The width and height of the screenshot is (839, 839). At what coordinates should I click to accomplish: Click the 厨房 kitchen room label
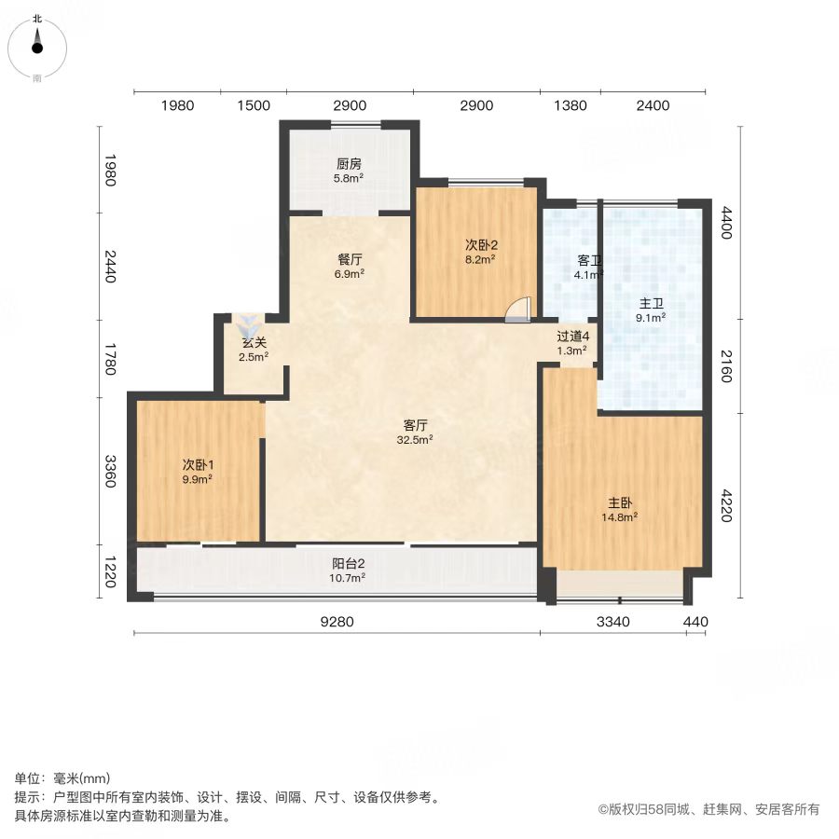click(349, 164)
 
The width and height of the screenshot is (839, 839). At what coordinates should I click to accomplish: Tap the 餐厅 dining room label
click(350, 259)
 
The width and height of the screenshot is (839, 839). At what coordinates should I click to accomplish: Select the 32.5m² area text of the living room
click(415, 440)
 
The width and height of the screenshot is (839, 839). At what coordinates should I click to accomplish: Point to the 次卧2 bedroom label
click(481, 245)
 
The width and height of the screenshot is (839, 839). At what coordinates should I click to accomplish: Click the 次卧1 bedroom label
click(198, 465)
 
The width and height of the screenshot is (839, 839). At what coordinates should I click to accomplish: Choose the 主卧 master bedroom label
click(620, 503)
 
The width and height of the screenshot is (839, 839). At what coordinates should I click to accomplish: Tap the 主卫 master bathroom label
click(652, 304)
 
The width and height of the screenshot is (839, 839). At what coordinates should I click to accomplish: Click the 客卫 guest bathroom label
click(589, 261)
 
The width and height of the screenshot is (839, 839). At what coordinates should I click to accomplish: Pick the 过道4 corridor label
click(573, 337)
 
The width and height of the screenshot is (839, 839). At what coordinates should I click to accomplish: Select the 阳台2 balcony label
click(349, 563)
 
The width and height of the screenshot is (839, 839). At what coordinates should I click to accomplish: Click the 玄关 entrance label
click(254, 342)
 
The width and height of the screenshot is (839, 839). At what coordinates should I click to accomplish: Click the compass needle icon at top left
click(37, 42)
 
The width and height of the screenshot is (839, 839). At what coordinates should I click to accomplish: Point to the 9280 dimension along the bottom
click(337, 622)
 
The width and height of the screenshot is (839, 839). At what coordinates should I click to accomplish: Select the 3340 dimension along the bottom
click(613, 622)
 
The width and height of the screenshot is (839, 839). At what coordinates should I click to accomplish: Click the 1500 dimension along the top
click(254, 105)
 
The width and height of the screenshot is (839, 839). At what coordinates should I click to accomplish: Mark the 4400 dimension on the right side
click(725, 223)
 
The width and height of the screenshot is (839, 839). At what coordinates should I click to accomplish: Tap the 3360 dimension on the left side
click(110, 472)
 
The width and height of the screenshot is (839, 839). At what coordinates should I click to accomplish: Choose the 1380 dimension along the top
click(571, 105)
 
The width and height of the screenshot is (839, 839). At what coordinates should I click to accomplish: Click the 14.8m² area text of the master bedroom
click(619, 517)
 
